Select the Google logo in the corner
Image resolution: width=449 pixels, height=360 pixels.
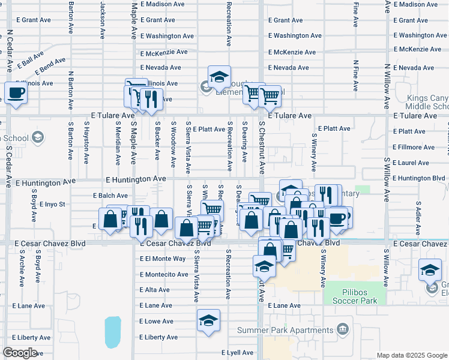point(20,353)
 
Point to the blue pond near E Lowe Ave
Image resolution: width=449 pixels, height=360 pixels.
point(112,332)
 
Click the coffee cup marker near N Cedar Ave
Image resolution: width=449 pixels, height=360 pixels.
point(16,93)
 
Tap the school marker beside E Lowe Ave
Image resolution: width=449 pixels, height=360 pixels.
point(208,320)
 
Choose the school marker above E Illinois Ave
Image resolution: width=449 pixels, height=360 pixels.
point(219,76)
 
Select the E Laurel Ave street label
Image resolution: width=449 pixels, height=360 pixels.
point(411,163)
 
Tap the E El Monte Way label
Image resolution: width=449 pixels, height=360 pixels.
point(163,259)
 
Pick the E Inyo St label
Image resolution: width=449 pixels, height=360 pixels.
point(52,205)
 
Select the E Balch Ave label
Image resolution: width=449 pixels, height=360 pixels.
point(110,196)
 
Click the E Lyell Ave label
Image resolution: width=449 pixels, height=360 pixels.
point(240,353)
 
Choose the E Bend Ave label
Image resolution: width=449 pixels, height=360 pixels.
point(50,62)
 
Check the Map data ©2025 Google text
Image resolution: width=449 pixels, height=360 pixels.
point(411,355)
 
